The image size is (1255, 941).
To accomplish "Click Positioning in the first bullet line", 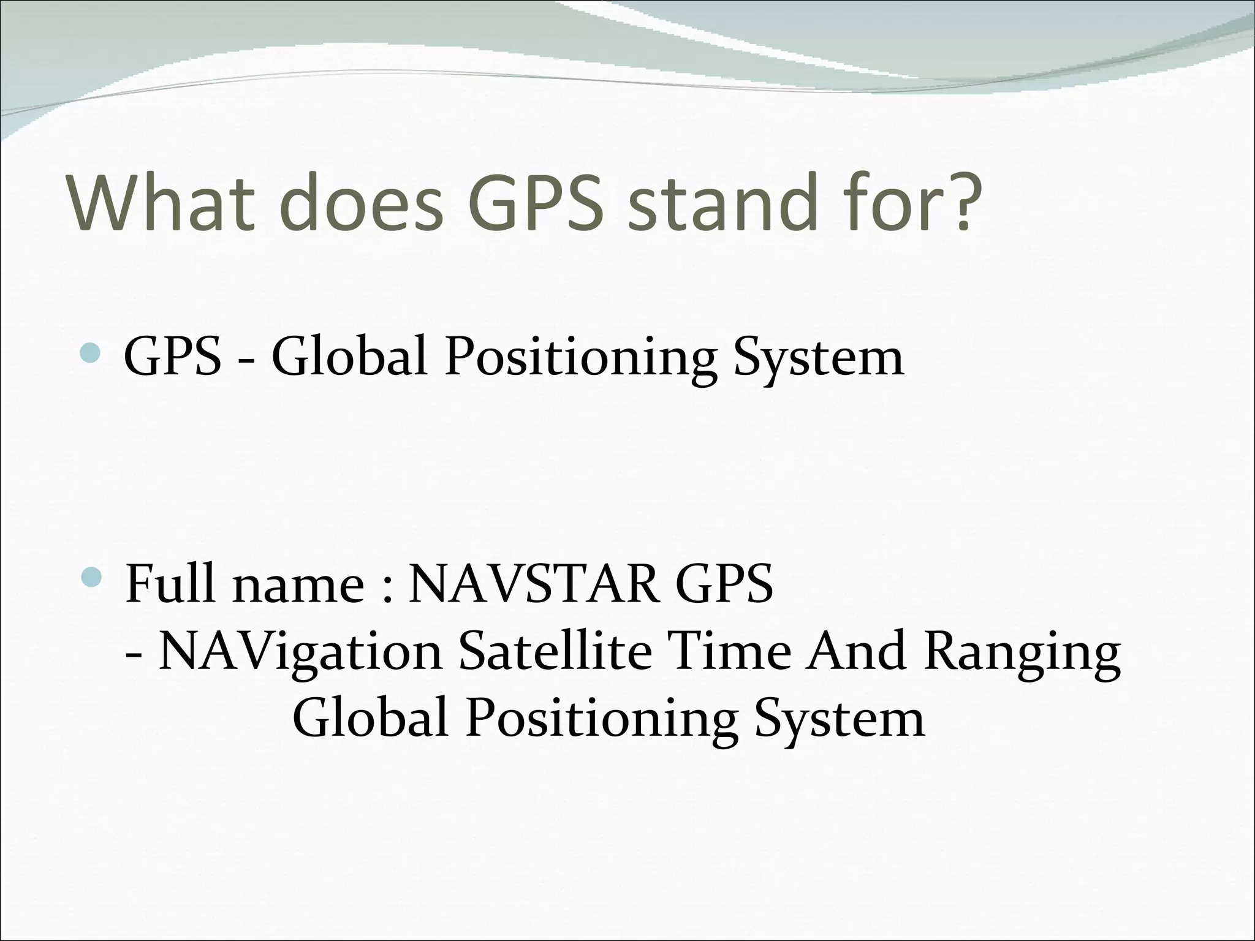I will point(580,358).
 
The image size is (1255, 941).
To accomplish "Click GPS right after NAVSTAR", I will point(724,583).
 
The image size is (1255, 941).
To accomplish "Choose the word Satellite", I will point(555,651).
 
